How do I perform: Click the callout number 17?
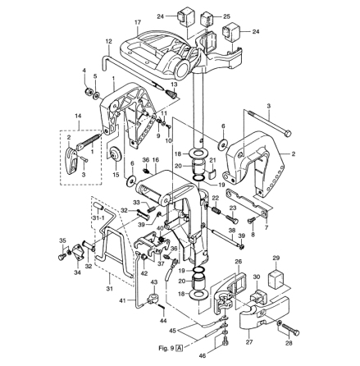(x=138, y=23)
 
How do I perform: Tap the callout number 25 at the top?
(x=226, y=16)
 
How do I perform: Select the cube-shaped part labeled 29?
(x=276, y=278)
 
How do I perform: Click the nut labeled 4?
(x=89, y=90)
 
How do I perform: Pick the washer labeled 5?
(x=96, y=96)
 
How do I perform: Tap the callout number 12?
(x=108, y=41)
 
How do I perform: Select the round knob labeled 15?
(x=116, y=154)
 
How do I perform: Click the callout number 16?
(x=156, y=160)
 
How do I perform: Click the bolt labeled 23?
(x=232, y=219)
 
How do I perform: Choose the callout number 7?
(x=267, y=227)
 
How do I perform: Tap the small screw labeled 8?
(x=252, y=220)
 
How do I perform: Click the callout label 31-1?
(x=98, y=217)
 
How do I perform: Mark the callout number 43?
(x=154, y=281)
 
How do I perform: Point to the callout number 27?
(x=249, y=342)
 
